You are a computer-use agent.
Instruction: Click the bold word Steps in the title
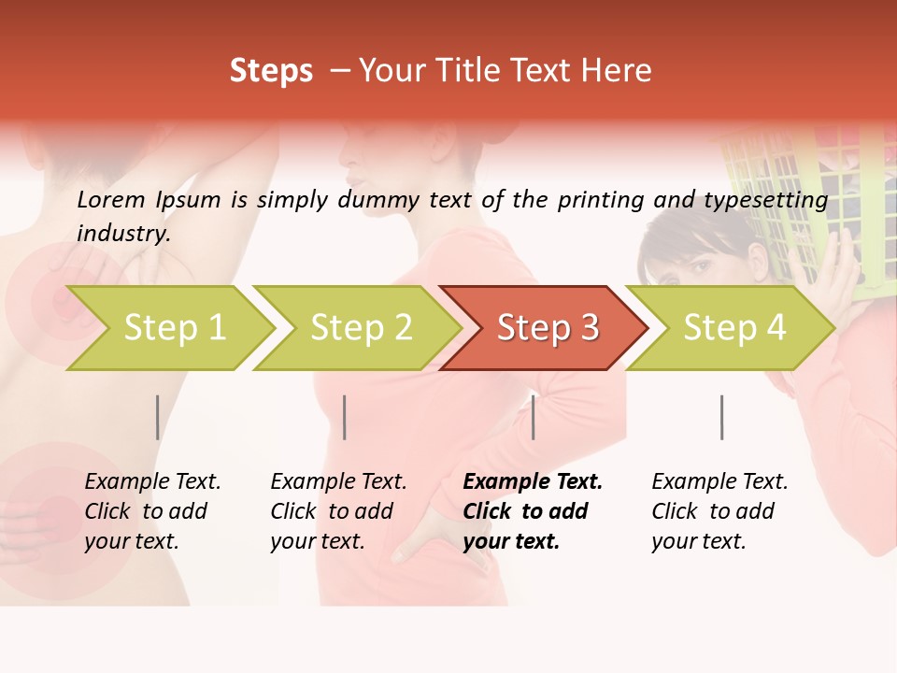[271, 71]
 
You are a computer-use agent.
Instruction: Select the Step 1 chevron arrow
[168, 328]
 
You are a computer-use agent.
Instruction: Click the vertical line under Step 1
[158, 417]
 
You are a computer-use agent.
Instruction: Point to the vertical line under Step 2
[345, 417]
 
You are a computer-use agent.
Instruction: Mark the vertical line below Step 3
[534, 417]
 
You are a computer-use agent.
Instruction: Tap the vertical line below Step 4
[722, 417]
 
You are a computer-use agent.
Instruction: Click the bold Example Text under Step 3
[533, 482]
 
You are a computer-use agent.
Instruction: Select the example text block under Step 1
[152, 511]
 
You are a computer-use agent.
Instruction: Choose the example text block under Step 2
[338, 511]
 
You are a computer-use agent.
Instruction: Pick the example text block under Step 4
[719, 511]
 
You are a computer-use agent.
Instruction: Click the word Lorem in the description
[111, 199]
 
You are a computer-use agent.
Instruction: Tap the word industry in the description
[123, 234]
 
